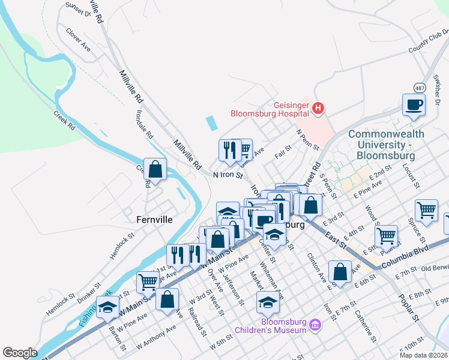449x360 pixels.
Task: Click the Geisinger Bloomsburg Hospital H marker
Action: pos(319,109)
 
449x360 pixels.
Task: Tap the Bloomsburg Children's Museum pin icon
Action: pos(315,327)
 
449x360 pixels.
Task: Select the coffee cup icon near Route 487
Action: pos(414,105)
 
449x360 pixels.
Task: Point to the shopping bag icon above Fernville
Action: pos(155,170)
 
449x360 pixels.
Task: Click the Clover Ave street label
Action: pos(78,40)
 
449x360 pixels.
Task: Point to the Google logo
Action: pos(20,353)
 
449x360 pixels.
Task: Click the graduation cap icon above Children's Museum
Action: pos(268,304)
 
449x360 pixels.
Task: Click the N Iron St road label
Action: pos(228,176)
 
